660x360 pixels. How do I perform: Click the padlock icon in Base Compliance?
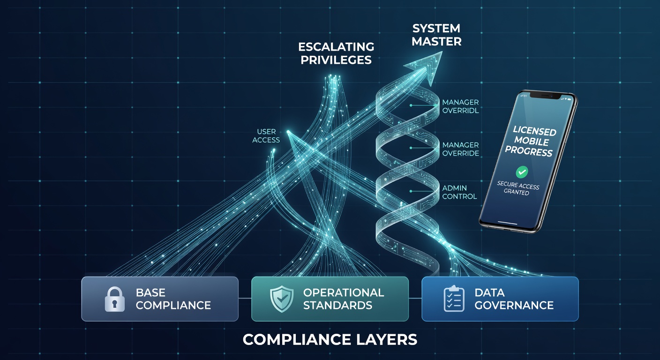click(115, 299)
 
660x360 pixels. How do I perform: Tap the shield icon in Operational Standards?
click(282, 299)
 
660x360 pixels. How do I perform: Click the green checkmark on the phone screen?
click(522, 172)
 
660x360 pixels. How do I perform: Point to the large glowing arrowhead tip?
click(442, 52)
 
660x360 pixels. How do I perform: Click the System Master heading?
click(436, 35)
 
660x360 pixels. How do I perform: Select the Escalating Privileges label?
click(336, 53)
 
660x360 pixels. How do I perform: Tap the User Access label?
click(266, 135)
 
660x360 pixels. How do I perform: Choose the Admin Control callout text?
click(459, 192)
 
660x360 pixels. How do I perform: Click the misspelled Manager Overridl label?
click(460, 106)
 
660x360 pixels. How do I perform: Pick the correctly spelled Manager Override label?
click(460, 149)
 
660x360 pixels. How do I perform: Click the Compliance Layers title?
click(330, 339)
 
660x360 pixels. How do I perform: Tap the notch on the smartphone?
click(545, 96)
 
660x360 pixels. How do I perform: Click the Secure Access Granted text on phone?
click(517, 188)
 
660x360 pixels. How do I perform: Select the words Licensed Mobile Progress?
click(530, 141)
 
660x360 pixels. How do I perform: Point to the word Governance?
click(514, 305)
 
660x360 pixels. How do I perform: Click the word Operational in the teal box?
click(344, 292)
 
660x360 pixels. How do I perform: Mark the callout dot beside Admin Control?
click(411, 191)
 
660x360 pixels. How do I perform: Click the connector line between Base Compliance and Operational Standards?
click(245, 298)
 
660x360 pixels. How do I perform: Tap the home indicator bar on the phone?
click(507, 223)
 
